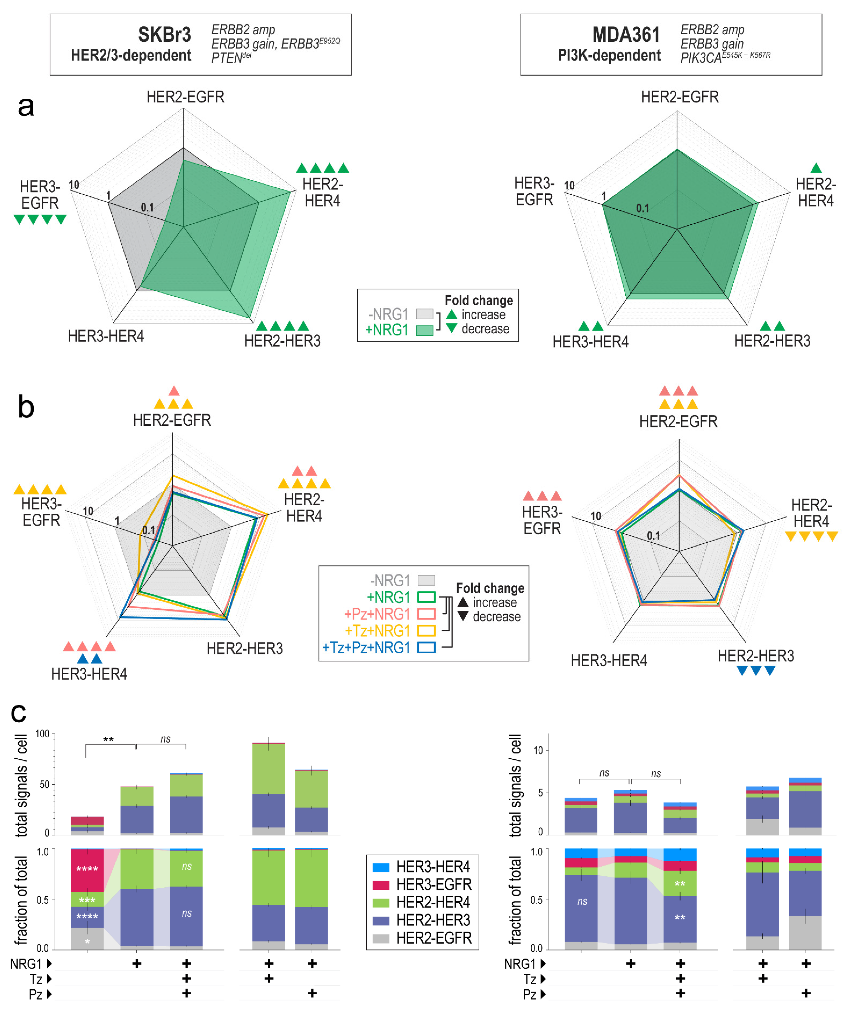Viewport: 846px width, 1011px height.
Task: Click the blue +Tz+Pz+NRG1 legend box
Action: coord(426,648)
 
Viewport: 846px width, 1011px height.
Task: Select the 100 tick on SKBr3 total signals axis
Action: coord(42,734)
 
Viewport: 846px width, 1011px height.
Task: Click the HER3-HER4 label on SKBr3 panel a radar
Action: coord(106,336)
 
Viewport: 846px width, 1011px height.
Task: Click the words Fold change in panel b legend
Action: coord(490,588)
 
